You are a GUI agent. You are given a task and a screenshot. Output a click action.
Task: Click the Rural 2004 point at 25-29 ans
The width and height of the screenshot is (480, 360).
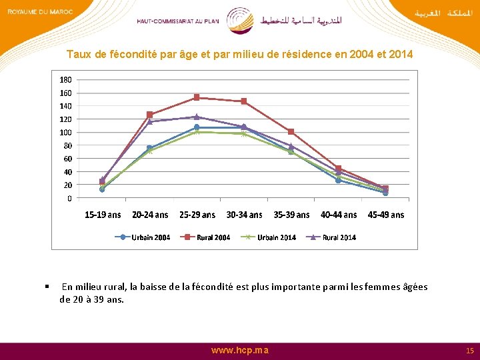coord(197,97)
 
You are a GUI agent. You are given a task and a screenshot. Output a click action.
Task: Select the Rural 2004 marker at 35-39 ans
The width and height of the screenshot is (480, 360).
coord(291,131)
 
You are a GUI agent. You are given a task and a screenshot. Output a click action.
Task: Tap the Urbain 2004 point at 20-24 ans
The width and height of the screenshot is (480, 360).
coord(149,148)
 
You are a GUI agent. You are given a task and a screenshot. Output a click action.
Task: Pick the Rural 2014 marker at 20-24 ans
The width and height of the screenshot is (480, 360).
coord(149,121)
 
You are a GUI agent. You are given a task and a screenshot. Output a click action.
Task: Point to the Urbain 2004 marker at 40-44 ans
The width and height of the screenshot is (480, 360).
coord(338,180)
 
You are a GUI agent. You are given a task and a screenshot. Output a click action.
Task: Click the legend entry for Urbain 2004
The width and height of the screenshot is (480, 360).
coord(143,237)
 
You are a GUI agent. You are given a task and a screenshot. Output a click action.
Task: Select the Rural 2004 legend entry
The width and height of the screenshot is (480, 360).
coord(205,237)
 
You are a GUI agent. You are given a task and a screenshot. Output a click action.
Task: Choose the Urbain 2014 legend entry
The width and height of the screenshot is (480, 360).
coord(268,237)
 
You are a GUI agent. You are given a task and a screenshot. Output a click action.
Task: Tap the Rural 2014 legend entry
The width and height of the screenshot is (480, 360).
coord(331,237)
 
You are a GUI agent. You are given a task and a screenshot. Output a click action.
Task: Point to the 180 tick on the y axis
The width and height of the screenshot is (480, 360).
coord(65,80)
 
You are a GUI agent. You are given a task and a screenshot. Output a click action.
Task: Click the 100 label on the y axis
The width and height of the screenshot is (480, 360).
coord(65,132)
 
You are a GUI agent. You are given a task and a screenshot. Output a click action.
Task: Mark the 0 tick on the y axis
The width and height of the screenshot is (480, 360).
coord(69,198)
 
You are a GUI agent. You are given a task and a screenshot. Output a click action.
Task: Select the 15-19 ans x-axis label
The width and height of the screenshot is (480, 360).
coord(103,215)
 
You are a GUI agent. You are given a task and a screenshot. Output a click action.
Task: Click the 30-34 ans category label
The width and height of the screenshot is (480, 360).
coord(244,215)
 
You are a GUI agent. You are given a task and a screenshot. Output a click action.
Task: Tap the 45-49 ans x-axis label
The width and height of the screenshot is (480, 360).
coord(386,215)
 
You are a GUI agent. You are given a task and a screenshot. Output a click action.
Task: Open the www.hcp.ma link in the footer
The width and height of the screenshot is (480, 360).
coord(240,351)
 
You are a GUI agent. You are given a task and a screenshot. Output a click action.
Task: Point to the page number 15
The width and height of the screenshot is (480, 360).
coord(470,351)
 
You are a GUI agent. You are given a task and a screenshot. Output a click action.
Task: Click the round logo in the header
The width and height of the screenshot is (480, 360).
coord(240,21)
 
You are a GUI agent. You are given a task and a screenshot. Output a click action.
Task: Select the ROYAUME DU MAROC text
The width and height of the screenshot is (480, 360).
coord(40,12)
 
